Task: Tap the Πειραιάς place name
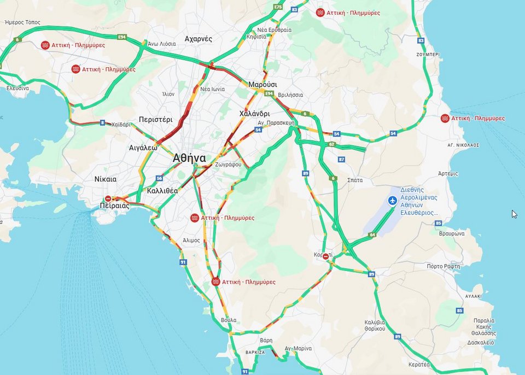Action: coord(115,206)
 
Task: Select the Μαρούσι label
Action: coord(262,85)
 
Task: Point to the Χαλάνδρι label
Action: coord(254,114)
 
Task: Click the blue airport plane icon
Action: coord(392,201)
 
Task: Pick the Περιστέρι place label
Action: coord(155,119)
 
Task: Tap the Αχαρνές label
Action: coord(199,39)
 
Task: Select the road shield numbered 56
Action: coord(159,178)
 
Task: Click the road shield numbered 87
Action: coord(342,160)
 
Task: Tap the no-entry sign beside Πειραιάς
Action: coord(108,199)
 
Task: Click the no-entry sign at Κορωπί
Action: coord(326,256)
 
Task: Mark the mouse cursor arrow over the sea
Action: coord(514,214)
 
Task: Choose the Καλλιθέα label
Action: coord(162,191)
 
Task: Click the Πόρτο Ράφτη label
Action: coord(444,266)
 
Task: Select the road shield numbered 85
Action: coord(459,311)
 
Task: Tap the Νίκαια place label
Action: coord(105,179)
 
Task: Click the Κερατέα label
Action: coord(419,364)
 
